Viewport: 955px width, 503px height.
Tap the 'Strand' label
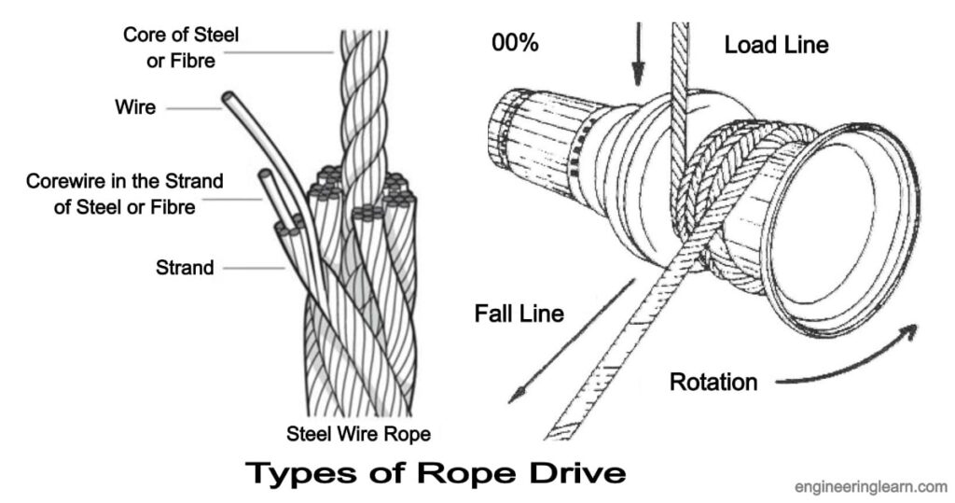(185, 268)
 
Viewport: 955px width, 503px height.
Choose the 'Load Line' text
(776, 44)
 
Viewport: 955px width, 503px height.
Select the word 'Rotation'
(713, 382)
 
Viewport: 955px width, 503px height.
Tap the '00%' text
(514, 44)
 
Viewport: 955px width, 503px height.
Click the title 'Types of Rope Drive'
(434, 473)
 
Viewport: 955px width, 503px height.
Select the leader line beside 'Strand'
(252, 269)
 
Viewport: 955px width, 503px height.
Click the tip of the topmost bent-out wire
(228, 98)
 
